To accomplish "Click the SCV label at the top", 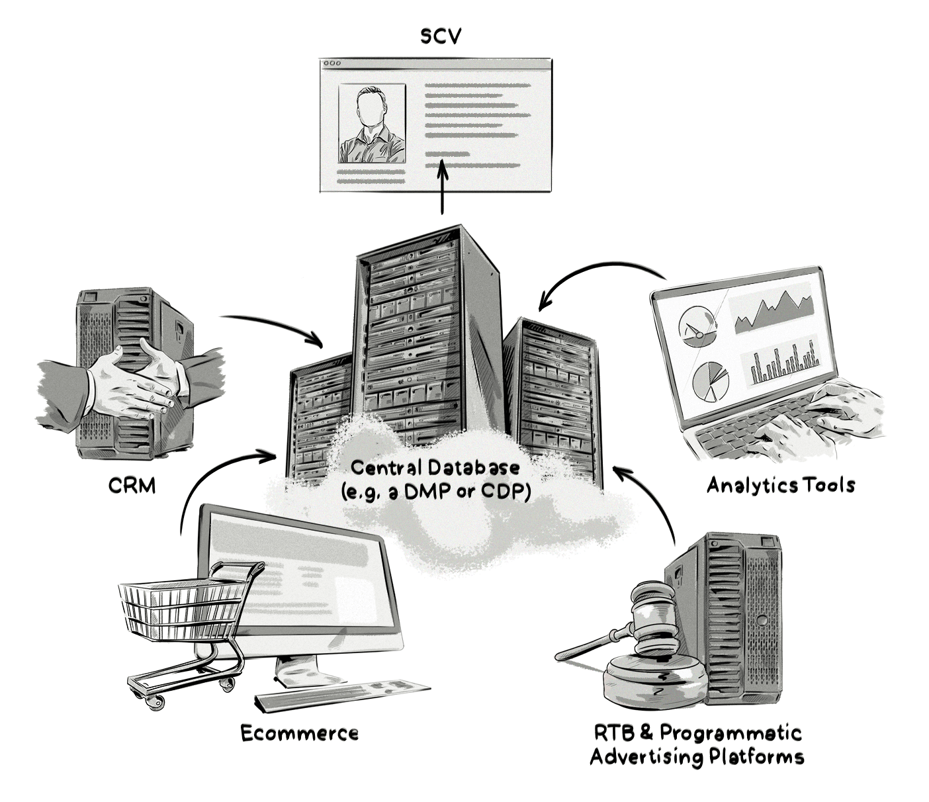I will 441,37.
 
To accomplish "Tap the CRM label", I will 132,486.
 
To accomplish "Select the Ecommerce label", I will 299,733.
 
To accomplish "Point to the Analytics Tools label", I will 781,485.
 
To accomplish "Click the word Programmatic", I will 730,733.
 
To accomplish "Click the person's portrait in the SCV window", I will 371,124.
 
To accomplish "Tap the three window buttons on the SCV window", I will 332,64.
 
